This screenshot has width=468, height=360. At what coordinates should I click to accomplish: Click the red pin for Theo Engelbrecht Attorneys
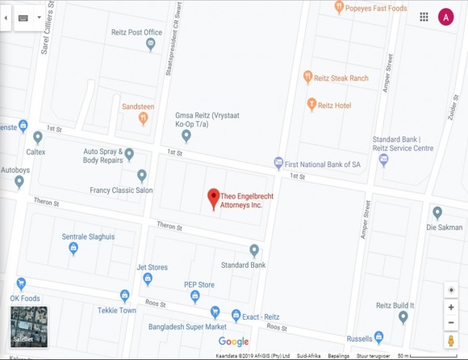[x=214, y=198]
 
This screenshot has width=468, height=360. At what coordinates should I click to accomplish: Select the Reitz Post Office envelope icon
[x=150, y=45]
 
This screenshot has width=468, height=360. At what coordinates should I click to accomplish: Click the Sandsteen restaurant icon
[x=143, y=119]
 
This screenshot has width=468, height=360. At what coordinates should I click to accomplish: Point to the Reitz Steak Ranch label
[x=342, y=77]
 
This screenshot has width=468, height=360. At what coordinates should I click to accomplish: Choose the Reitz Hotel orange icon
[x=311, y=104]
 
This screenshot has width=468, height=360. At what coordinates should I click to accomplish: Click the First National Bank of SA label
[x=323, y=164]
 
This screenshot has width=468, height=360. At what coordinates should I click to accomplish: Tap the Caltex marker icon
[x=38, y=137]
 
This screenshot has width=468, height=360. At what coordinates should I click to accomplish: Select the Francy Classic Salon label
[x=121, y=190]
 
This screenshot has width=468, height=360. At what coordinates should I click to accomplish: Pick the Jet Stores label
[x=152, y=267]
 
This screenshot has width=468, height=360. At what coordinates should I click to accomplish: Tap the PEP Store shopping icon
[x=194, y=296]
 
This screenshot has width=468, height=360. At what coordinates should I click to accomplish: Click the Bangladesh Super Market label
[x=187, y=327]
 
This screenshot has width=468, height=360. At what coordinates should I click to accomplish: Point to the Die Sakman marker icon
[x=437, y=213]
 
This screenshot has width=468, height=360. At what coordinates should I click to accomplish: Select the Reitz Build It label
[x=395, y=305]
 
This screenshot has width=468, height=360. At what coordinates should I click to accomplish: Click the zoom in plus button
[x=451, y=308]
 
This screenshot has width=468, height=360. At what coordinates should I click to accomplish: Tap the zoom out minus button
[x=451, y=322]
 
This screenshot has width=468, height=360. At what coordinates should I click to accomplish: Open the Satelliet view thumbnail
[x=28, y=326]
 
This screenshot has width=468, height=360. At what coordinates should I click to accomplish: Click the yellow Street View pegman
[x=451, y=341]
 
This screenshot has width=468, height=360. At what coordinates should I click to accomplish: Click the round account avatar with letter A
[x=445, y=16]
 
